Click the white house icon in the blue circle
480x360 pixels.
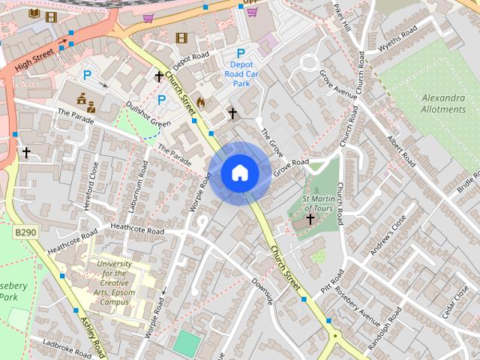pyautogui.click(x=240, y=173)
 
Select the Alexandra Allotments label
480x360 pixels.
pyautogui.click(x=443, y=103)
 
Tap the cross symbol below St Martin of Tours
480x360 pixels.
pyautogui.click(x=310, y=219)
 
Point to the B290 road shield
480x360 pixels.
pyautogui.click(x=25, y=234)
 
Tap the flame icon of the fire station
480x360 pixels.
pyautogui.click(x=200, y=101)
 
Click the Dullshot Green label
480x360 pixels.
pyautogui.click(x=148, y=114)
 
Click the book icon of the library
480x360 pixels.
pyautogui.click(x=34, y=13)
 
